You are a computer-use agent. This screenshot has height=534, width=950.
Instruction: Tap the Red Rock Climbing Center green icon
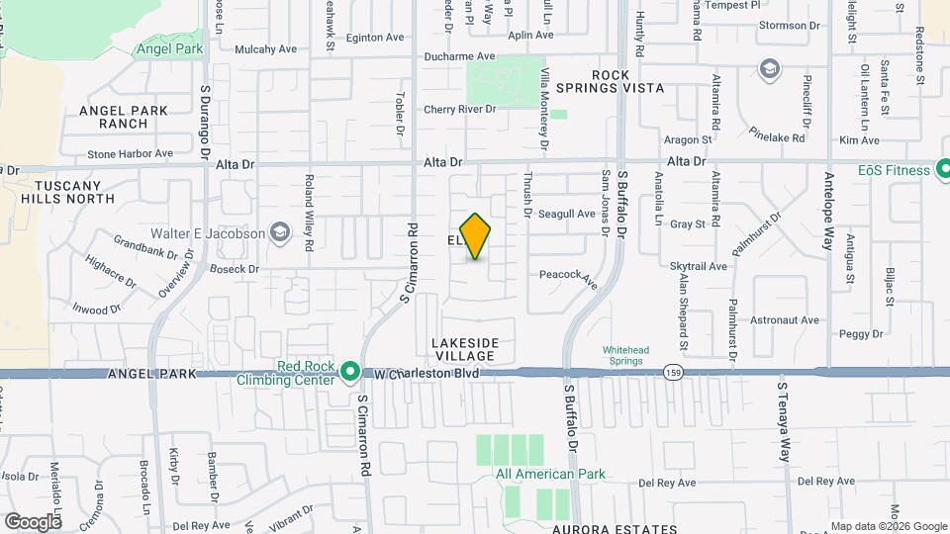pyautogui.click(x=349, y=373)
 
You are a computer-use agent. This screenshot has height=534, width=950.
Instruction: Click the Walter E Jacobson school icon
pyautogui.click(x=281, y=233)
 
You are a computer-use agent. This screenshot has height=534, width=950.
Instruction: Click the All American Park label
pyautogui.click(x=550, y=474)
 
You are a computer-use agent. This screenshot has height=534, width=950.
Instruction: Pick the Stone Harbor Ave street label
pyautogui.click(x=130, y=154)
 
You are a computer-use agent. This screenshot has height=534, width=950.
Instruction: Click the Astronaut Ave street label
pyautogui.click(x=784, y=320)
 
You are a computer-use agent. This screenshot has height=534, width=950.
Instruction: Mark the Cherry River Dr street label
pyautogui.click(x=459, y=109)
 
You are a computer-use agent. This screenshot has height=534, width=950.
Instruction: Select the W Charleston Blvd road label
pyautogui.click(x=427, y=374)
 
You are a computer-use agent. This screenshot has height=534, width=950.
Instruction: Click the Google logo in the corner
pyautogui.click(x=33, y=521)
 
